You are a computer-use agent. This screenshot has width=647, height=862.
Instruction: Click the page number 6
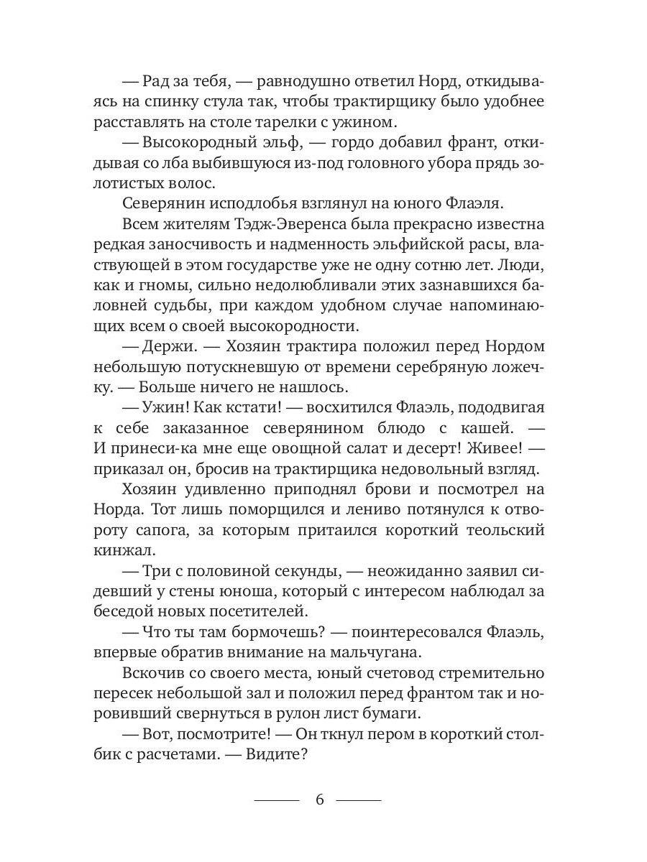click(321, 800)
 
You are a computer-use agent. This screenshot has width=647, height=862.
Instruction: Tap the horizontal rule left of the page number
click(276, 800)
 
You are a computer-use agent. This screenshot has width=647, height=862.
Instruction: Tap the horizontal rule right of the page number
click(359, 800)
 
